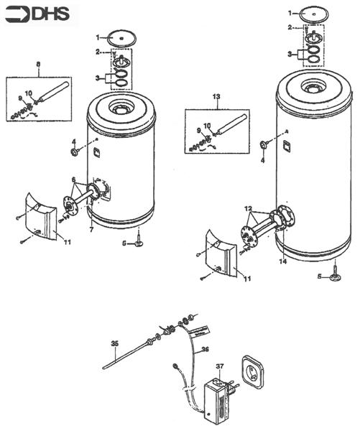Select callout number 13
click(x=215, y=95)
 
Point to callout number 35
click(x=114, y=344)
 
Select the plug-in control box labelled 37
click(x=215, y=397)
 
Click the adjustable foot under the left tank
click(x=139, y=243)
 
